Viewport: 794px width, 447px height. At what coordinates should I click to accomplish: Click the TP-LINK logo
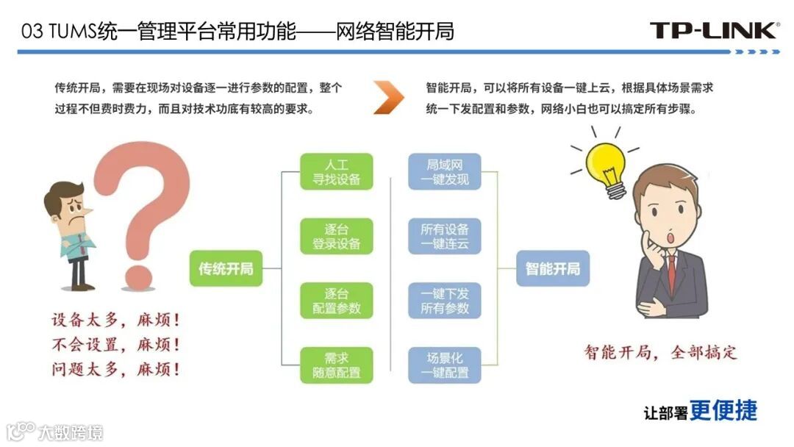(713, 30)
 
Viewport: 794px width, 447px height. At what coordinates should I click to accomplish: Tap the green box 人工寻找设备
(337, 171)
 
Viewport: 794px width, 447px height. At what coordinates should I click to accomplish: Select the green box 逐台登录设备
(337, 236)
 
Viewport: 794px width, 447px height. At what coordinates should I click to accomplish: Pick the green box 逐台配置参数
(337, 301)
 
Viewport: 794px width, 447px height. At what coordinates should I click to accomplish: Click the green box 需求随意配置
(337, 365)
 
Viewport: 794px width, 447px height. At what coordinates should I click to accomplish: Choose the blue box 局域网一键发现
(444, 171)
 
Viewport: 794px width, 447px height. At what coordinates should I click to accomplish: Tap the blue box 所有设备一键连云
(444, 236)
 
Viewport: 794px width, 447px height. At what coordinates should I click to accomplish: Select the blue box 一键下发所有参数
(444, 301)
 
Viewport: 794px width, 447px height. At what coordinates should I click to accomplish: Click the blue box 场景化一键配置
(444, 365)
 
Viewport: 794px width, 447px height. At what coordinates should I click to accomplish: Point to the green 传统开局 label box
(226, 268)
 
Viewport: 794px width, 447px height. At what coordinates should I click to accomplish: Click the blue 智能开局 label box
(553, 268)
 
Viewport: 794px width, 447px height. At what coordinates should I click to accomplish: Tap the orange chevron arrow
(388, 97)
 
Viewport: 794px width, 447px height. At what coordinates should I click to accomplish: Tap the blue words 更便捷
(723, 410)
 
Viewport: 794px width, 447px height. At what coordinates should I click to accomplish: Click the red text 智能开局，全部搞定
(660, 351)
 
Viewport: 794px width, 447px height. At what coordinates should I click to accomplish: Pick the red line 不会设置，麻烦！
(115, 344)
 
